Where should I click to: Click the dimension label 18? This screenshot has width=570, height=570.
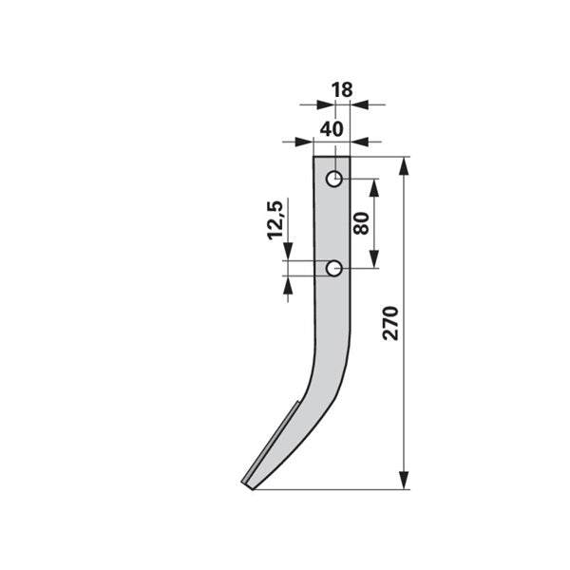click(342, 90)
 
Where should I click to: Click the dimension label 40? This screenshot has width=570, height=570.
click(332, 129)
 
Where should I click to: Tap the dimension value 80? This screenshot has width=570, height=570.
click(361, 223)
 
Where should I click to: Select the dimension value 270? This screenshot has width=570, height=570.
click(390, 323)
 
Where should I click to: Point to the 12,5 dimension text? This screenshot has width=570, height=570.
click(275, 220)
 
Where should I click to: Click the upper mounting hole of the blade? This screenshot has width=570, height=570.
click(334, 179)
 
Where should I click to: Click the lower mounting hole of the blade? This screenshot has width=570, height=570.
click(334, 269)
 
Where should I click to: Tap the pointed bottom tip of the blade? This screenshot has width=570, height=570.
click(253, 489)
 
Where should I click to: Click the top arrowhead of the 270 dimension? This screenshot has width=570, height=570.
click(404, 166)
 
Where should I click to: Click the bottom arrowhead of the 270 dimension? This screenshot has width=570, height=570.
click(404, 480)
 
